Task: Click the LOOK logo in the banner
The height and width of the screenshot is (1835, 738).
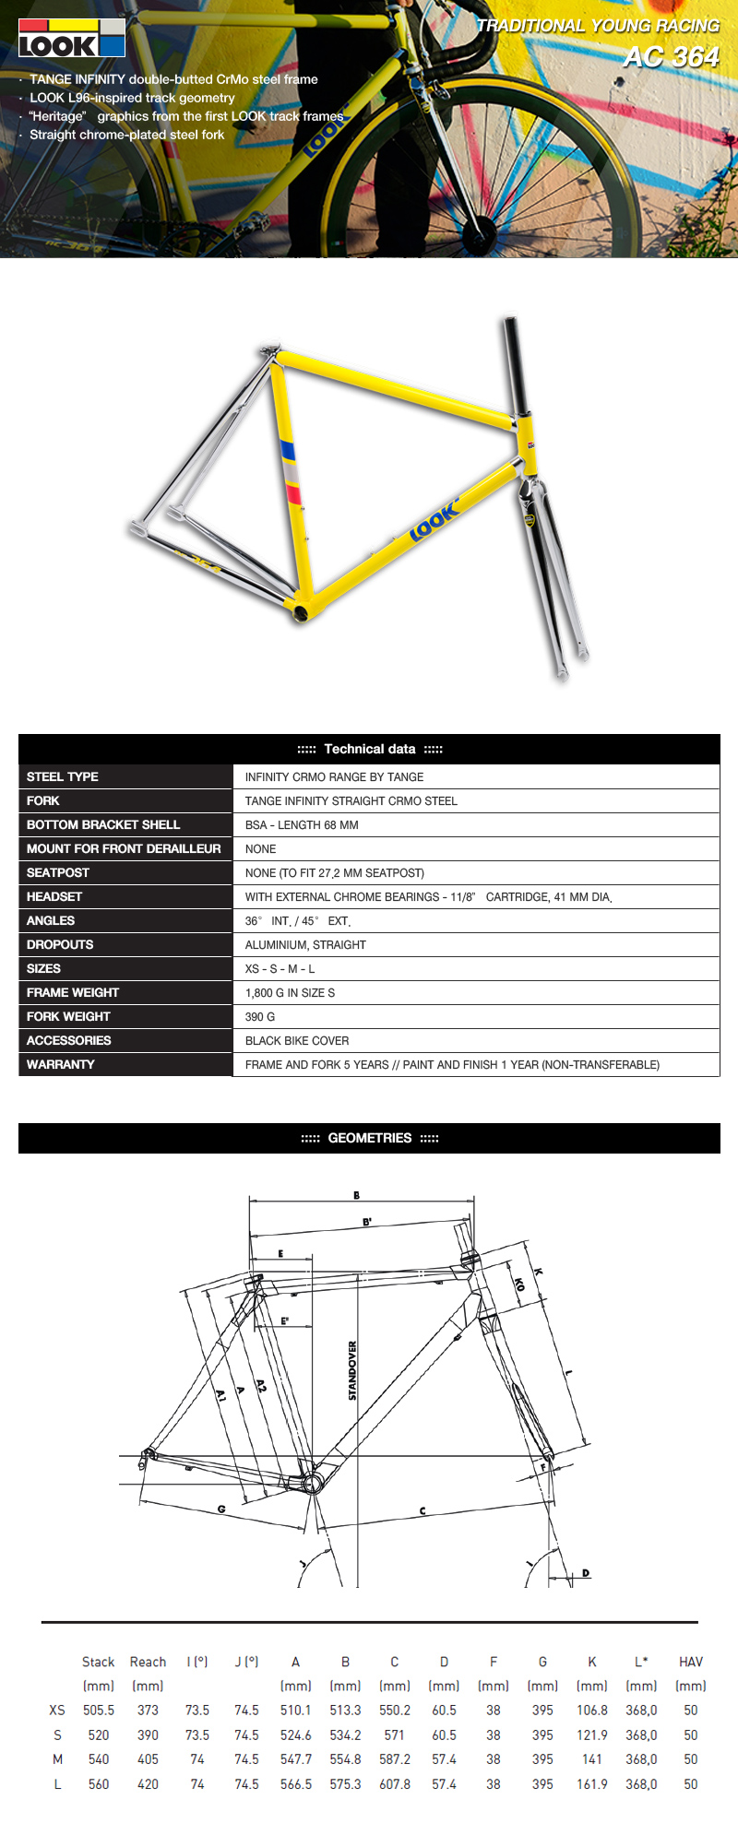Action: [x=71, y=38]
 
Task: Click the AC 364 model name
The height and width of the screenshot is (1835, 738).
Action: [x=671, y=57]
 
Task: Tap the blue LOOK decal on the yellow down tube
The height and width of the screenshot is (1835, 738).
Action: [x=434, y=520]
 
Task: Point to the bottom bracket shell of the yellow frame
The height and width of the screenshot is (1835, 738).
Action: [x=301, y=610]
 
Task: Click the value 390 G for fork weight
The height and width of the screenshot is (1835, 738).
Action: [x=260, y=1016]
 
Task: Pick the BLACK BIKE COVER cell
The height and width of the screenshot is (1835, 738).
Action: [x=297, y=1040]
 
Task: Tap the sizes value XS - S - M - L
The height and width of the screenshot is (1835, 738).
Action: [x=280, y=968]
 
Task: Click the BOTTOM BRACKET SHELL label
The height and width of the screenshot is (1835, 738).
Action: [x=103, y=824]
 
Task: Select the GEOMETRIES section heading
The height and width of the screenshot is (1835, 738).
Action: [x=370, y=1138]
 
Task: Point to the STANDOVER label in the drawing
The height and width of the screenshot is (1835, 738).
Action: [x=352, y=1370]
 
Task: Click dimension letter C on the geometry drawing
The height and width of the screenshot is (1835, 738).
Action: [x=423, y=1510]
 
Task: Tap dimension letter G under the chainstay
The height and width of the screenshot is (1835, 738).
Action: [x=221, y=1509]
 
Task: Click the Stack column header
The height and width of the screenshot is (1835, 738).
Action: [x=98, y=1662]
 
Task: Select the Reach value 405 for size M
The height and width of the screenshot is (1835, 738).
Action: [x=148, y=1759]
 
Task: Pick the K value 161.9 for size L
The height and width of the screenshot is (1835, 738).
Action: [x=592, y=1784]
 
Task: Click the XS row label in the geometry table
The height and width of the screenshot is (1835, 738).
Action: [x=57, y=1710]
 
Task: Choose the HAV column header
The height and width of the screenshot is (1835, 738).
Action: [x=690, y=1662]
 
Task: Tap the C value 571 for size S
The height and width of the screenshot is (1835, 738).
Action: [x=395, y=1734]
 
